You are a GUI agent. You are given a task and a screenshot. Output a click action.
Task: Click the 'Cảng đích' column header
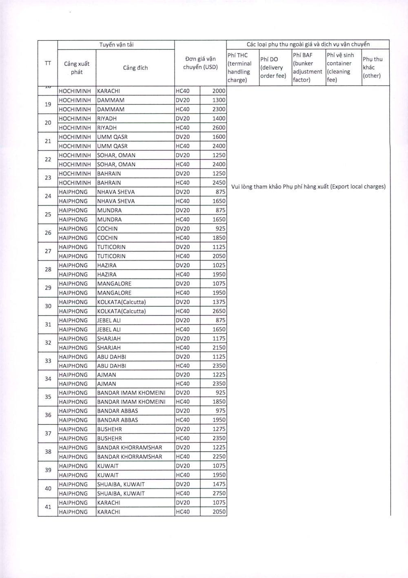(135, 68)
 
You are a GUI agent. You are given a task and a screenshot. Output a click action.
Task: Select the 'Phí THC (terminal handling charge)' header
(242, 68)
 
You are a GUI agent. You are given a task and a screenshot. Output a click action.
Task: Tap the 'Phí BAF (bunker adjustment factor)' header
(308, 67)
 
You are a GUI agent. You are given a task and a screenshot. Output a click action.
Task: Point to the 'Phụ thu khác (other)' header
(373, 67)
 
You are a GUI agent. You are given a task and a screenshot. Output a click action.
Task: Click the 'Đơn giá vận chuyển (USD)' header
(200, 63)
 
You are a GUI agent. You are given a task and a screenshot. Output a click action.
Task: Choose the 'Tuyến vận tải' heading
(116, 45)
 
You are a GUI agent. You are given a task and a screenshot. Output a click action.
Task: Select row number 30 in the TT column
(48, 307)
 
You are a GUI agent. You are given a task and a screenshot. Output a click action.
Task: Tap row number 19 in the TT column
(48, 105)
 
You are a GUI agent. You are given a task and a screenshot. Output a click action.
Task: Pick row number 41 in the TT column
(48, 507)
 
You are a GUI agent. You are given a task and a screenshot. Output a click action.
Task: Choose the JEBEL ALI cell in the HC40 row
(109, 330)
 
